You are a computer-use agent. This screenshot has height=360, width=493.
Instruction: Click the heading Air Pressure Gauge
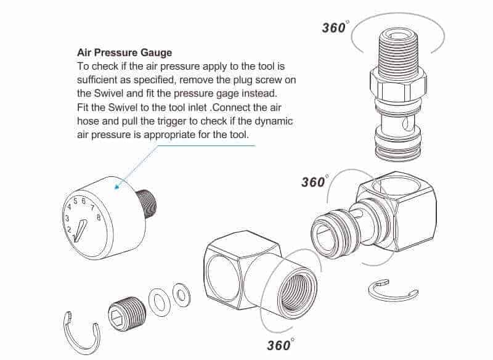point(124,53)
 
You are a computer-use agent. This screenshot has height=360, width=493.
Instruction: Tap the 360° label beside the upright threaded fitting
point(335,27)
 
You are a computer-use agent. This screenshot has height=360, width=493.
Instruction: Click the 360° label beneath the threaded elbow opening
point(281,345)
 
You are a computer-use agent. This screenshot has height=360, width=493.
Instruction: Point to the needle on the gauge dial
point(80,231)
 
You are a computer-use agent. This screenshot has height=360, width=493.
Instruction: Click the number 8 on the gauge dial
point(99,217)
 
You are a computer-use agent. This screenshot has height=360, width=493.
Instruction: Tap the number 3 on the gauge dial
point(67,218)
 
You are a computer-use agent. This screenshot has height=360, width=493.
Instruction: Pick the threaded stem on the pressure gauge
point(146,204)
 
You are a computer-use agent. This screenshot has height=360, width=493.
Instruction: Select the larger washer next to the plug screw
point(160,303)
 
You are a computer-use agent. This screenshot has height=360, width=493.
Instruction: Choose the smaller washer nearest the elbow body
point(182,295)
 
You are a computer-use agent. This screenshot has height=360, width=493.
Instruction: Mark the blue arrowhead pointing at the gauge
point(117,186)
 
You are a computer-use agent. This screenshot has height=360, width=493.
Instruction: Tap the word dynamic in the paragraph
point(274,121)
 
